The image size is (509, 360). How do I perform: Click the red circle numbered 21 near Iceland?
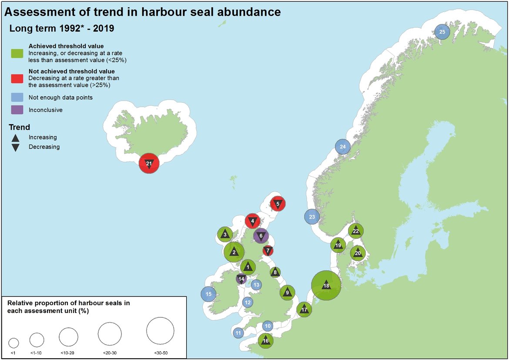click(x=149, y=164)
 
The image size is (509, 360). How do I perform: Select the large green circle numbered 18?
click(x=326, y=286)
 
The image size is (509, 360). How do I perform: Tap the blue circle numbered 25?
click(x=442, y=32)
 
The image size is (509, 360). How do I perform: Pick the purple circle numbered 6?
click(x=261, y=236)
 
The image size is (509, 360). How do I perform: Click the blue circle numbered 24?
click(x=342, y=147)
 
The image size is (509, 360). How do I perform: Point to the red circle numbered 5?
click(x=278, y=203)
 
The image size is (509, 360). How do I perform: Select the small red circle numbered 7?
click(x=268, y=251)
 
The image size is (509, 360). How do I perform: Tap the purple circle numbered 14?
click(x=241, y=279)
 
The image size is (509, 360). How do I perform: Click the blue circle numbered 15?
click(x=208, y=294)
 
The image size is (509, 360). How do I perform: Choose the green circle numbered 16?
click(x=265, y=340)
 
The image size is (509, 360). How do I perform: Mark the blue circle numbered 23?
click(x=311, y=217)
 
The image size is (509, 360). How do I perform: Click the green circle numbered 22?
click(x=356, y=231)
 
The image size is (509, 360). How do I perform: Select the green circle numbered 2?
click(x=234, y=252)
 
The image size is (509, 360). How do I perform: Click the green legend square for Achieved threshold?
click(x=17, y=53)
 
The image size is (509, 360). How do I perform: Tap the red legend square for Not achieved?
click(x=17, y=78)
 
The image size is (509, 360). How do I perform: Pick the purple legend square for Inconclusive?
click(x=17, y=110)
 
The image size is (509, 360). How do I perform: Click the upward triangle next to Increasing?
click(x=15, y=138)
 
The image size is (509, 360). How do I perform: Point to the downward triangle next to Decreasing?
click(x=15, y=147)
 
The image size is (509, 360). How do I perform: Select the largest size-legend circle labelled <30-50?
click(x=160, y=330)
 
